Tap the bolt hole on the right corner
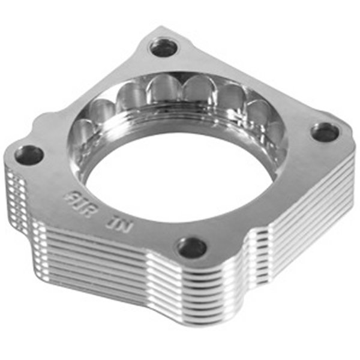[325, 132]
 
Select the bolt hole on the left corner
[29, 155]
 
